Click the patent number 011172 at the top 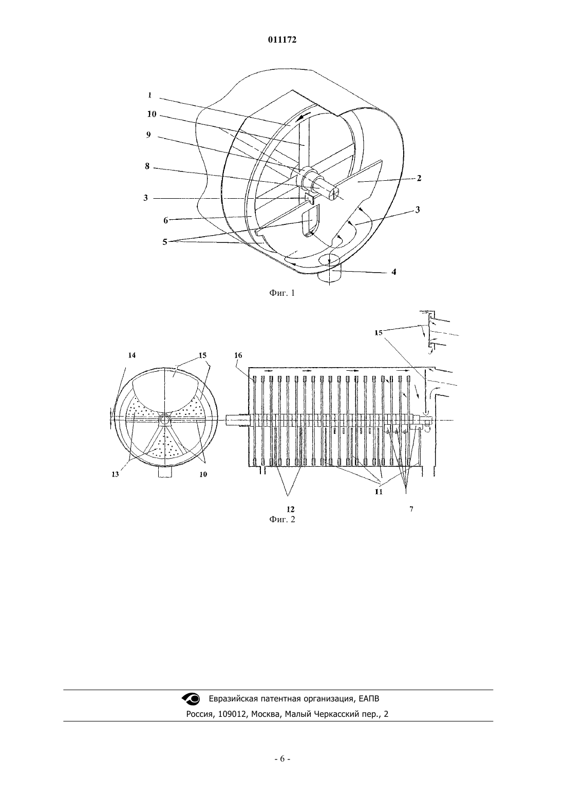pos(282,40)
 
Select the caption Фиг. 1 pos(282,293)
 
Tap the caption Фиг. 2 pos(282,519)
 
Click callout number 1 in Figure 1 pos(150,95)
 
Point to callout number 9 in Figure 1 pos(148,135)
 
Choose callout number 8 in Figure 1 pos(147,166)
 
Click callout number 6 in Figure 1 pos(165,221)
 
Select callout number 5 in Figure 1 pos(165,242)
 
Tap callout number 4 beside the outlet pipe pos(394,272)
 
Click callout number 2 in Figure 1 pos(419,178)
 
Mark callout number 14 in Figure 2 pos(132,355)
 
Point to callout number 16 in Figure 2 pos(238,355)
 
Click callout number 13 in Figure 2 pos(115,475)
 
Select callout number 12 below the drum pos(291,509)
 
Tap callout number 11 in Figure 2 pos(379,491)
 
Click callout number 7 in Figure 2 pos(411,509)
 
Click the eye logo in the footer pos(191,698)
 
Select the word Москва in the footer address pos(265,714)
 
